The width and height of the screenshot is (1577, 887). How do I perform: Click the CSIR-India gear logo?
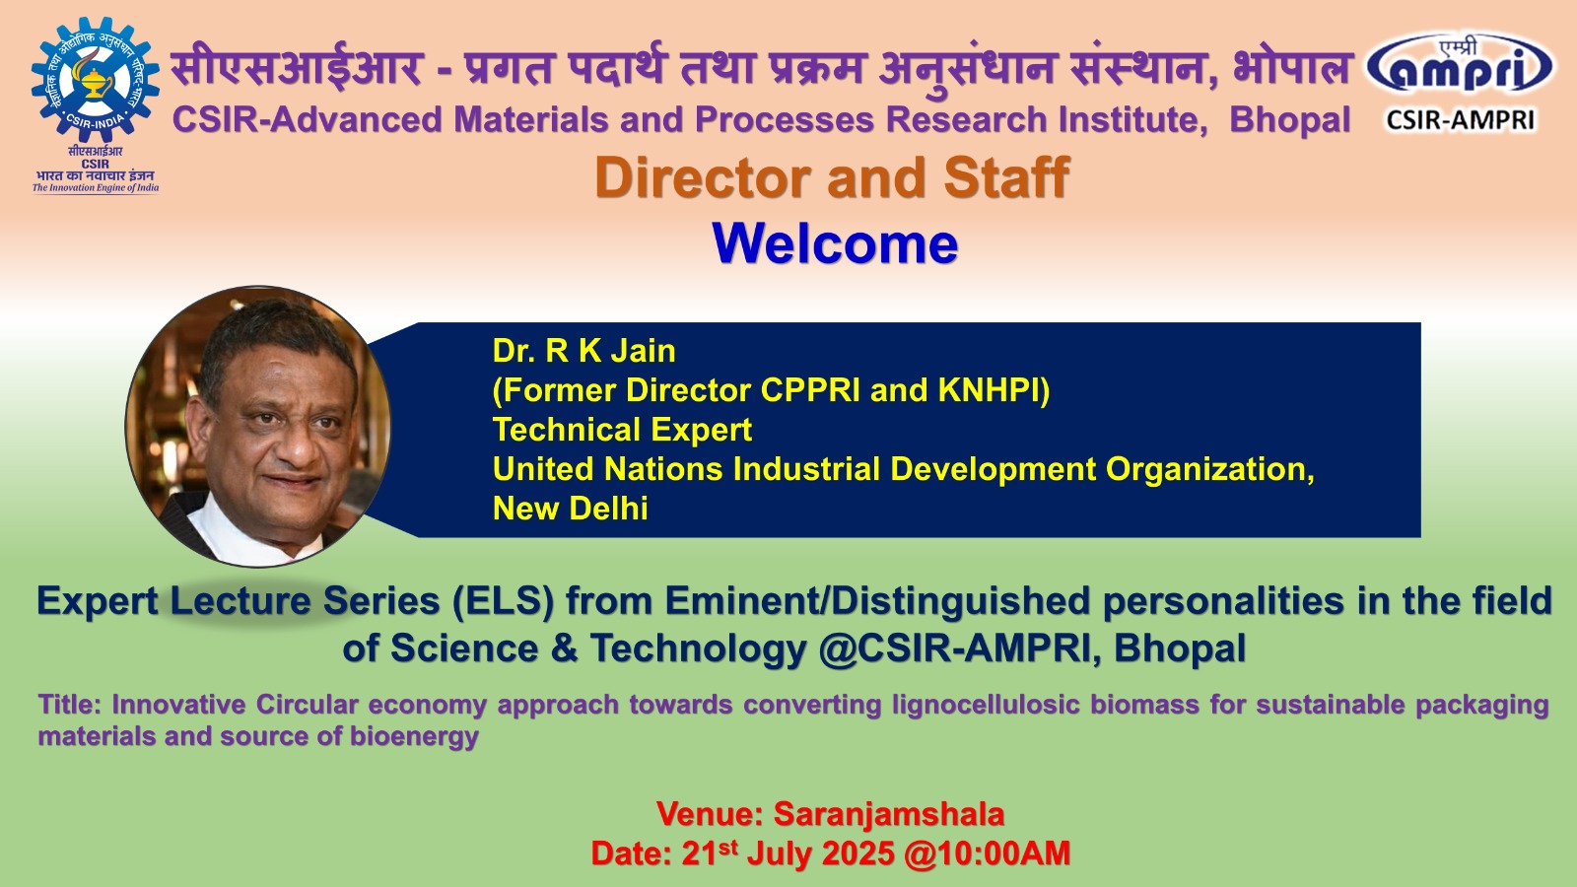[95, 79]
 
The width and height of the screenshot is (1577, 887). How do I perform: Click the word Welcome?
[835, 243]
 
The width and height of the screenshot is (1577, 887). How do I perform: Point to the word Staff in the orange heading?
[1006, 177]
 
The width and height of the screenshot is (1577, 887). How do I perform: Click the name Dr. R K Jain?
[583, 351]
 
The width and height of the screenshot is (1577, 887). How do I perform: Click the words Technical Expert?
[622, 430]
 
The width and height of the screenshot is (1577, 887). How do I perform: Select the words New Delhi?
[571, 509]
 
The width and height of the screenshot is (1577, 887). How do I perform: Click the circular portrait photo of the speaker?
[258, 426]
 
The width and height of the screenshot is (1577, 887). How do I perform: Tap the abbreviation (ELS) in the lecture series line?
[503, 601]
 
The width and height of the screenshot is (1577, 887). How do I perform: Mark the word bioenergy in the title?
[414, 736]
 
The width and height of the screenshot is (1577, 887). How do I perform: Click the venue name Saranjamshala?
[889, 814]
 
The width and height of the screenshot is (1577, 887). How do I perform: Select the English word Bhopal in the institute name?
[1290, 119]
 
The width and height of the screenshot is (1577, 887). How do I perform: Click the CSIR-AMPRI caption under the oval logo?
[1460, 120]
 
